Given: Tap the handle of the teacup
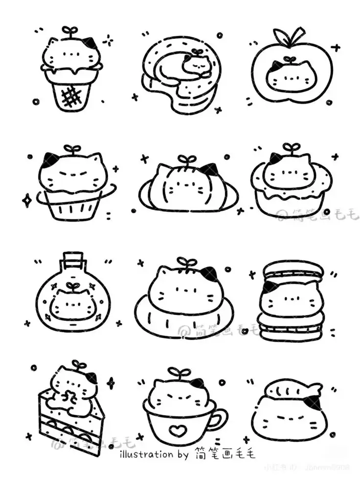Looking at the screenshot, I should pyautogui.click(x=220, y=418).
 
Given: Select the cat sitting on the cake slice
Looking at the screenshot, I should pyautogui.click(x=73, y=391).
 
